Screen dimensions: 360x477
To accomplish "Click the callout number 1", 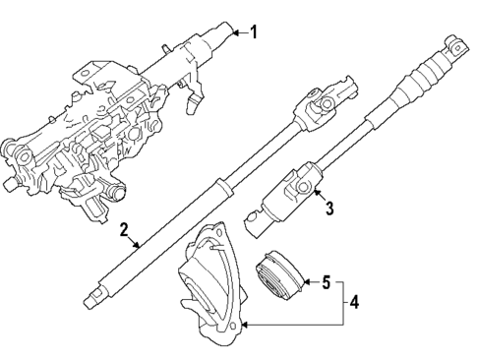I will coord(253,32).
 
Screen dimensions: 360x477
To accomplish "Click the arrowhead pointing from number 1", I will coord(232,34).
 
